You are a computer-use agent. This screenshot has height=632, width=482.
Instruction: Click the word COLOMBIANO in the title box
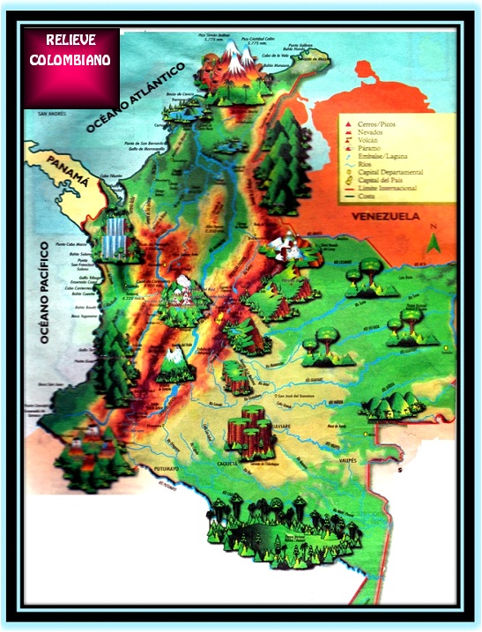click(x=71, y=60)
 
